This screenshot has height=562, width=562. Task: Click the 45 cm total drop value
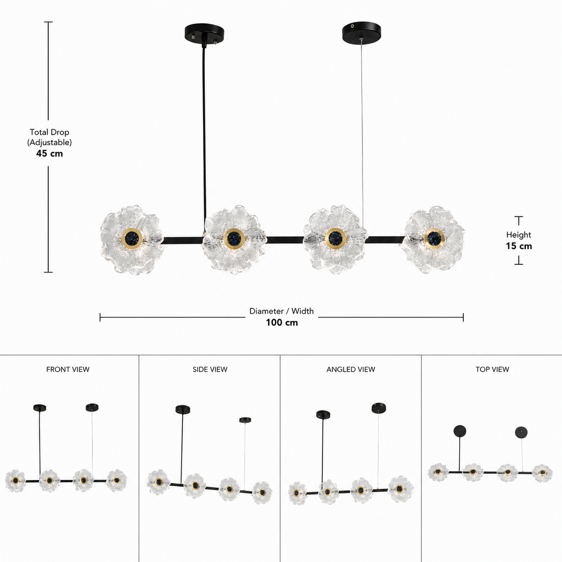pos(50,153)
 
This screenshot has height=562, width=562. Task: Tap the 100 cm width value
pos(282,322)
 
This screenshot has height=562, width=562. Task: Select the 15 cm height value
pos(519,246)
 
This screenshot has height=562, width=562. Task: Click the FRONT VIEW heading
pos(68,369)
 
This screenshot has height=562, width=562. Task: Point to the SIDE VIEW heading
pos(210,369)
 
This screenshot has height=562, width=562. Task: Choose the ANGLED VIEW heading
pos(350,369)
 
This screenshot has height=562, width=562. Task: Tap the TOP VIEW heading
pos(492,369)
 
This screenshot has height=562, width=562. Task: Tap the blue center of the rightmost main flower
pos(434,238)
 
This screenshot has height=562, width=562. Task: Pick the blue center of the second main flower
pos(234,238)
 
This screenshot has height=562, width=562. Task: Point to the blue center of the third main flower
pos(336,238)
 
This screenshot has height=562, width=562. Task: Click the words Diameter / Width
pos(281,311)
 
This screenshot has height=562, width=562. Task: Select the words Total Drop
pos(49,132)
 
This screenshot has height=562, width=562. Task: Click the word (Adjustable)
pos(50,143)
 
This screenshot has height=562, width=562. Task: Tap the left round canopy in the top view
pos(460,431)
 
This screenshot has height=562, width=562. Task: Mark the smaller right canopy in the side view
pos(245,420)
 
